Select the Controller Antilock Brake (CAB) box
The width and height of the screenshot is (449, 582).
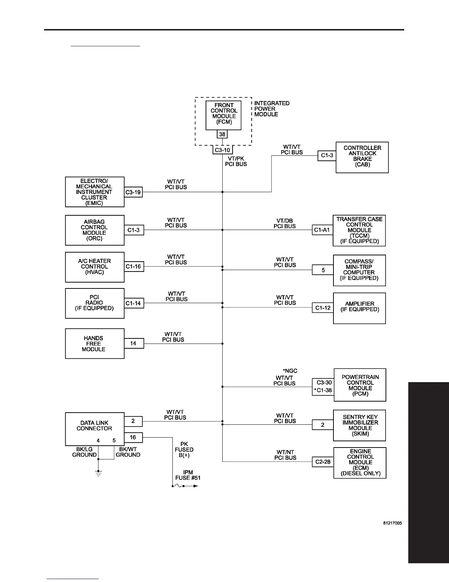pos(362,157)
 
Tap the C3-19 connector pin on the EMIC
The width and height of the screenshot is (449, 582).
pos(133,192)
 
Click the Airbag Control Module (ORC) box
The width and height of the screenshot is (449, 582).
pos(95,230)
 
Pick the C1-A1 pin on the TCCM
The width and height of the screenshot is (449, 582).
pos(322,230)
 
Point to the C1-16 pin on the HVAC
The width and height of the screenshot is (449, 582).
pos(133,267)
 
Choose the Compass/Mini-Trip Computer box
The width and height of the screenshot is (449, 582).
pos(359,270)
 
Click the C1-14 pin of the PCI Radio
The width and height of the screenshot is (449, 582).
pos(133,303)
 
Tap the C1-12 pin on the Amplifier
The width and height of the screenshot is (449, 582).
pos(323,308)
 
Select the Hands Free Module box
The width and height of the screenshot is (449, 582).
pos(95,344)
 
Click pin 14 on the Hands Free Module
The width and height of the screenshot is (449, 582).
pos(133,344)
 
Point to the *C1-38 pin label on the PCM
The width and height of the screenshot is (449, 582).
pos(323,391)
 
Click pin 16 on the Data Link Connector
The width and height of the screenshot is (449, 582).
pos(133,437)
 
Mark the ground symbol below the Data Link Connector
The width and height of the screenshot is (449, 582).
pos(98,471)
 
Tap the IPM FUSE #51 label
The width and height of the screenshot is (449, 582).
pos(188,475)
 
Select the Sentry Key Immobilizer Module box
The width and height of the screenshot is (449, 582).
pos(359,425)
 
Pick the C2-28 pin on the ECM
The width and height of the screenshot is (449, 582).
pos(323,462)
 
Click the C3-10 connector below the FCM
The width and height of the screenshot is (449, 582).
pos(222,150)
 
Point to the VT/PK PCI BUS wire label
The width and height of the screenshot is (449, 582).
pos(236,161)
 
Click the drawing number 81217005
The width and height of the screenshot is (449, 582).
pos(393,523)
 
